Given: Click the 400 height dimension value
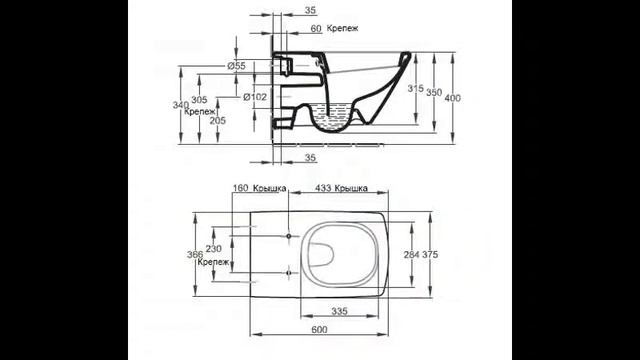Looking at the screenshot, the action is (x=453, y=98).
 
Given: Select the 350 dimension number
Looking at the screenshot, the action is (x=434, y=92).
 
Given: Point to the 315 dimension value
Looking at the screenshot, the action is (x=416, y=88).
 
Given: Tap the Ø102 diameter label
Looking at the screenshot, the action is (x=255, y=97).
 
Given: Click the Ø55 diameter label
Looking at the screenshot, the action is (x=237, y=66).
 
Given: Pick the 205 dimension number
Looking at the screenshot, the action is (x=218, y=120).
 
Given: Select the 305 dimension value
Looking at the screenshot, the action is (x=199, y=100).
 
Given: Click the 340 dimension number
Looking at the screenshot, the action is (x=180, y=105).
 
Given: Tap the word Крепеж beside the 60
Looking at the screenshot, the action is (x=343, y=29).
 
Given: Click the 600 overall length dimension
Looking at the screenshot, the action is (x=319, y=329).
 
